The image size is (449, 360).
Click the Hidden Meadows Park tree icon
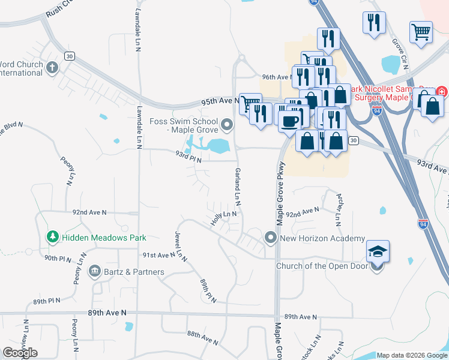pos(53,238)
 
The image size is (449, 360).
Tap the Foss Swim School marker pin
pos(227,125)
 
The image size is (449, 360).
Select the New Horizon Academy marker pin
pos(271,238)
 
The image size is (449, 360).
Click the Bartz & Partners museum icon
pos(94,272)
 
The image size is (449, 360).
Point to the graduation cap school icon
pos(378,251)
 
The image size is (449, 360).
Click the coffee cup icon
pos(290,121)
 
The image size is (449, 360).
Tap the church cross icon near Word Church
pos(52,67)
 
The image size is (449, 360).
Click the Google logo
pos(20,353)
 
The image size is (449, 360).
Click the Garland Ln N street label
pos(237,185)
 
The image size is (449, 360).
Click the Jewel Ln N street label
pos(180,247)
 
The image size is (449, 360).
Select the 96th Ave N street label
pos(276,77)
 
